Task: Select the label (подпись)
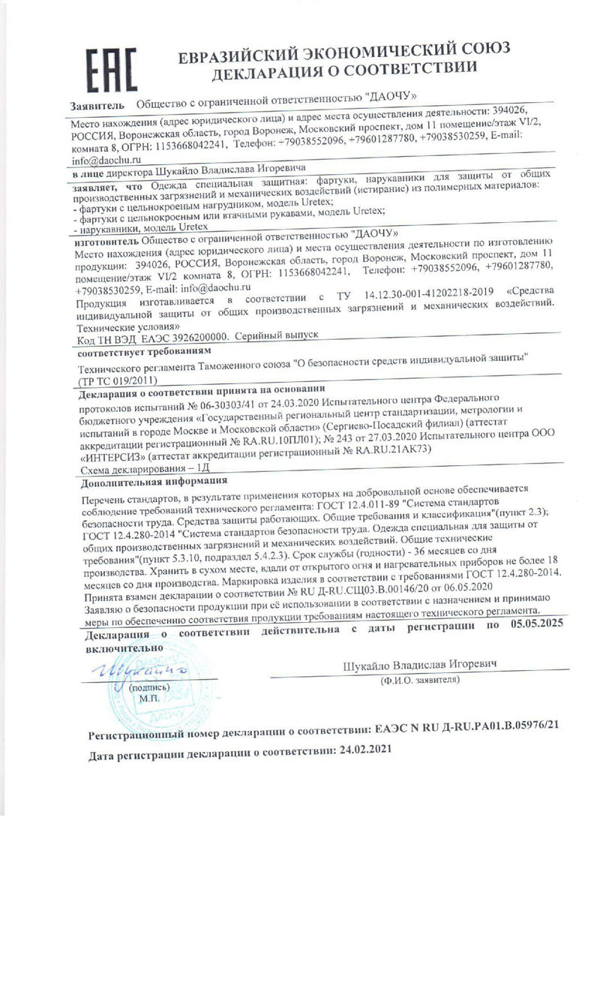pos(150,687)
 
